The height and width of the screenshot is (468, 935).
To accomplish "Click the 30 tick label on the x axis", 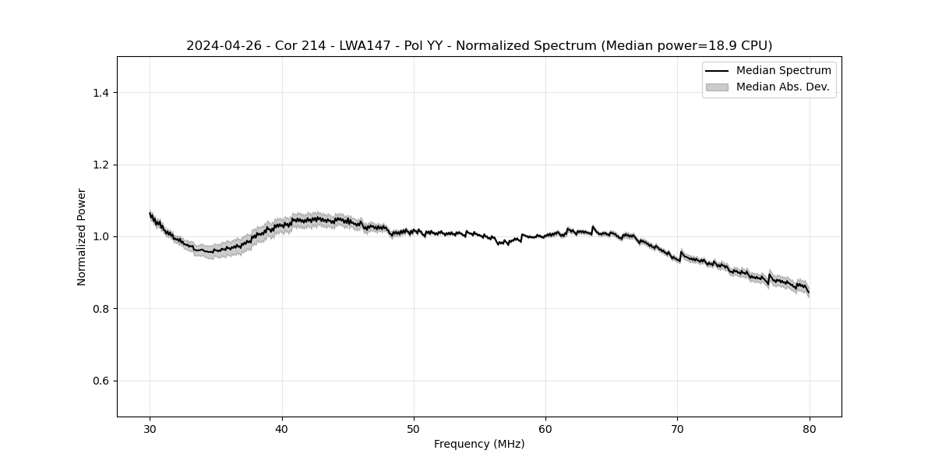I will (x=150, y=428).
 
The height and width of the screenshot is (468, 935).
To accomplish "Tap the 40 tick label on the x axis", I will (x=282, y=428).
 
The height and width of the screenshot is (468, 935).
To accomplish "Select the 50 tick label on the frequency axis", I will (x=414, y=428).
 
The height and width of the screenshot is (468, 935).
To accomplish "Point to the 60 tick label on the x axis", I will (x=545, y=428).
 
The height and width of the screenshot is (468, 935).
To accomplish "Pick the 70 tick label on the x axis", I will (x=677, y=428).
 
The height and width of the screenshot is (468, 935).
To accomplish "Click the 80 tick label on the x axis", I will (x=810, y=428).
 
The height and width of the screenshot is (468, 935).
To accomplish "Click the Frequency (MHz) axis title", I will (x=479, y=444).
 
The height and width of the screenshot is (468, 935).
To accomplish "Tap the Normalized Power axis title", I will (x=82, y=236).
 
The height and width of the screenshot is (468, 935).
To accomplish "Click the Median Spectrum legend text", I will (x=783, y=71).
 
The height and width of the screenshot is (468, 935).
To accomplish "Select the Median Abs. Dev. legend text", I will (x=782, y=87).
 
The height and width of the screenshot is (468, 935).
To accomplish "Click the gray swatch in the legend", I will (x=716, y=87).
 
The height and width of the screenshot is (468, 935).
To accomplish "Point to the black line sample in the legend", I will (x=716, y=71).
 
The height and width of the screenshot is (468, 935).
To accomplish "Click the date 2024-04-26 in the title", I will (x=218, y=46).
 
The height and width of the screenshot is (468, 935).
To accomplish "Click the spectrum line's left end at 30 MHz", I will (x=150, y=213).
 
